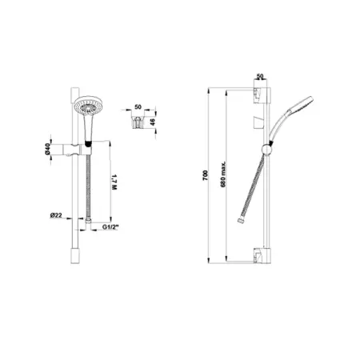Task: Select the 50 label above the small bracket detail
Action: point(138,106)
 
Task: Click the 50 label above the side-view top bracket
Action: point(259,77)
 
